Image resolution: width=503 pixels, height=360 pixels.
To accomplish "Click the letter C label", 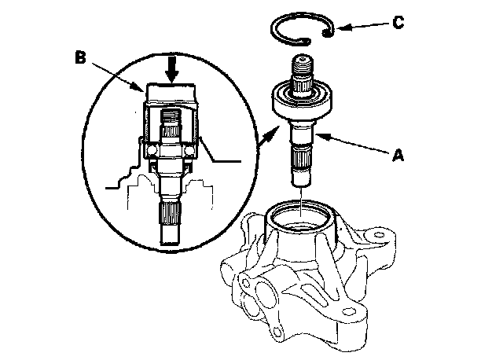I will point(398,22).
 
